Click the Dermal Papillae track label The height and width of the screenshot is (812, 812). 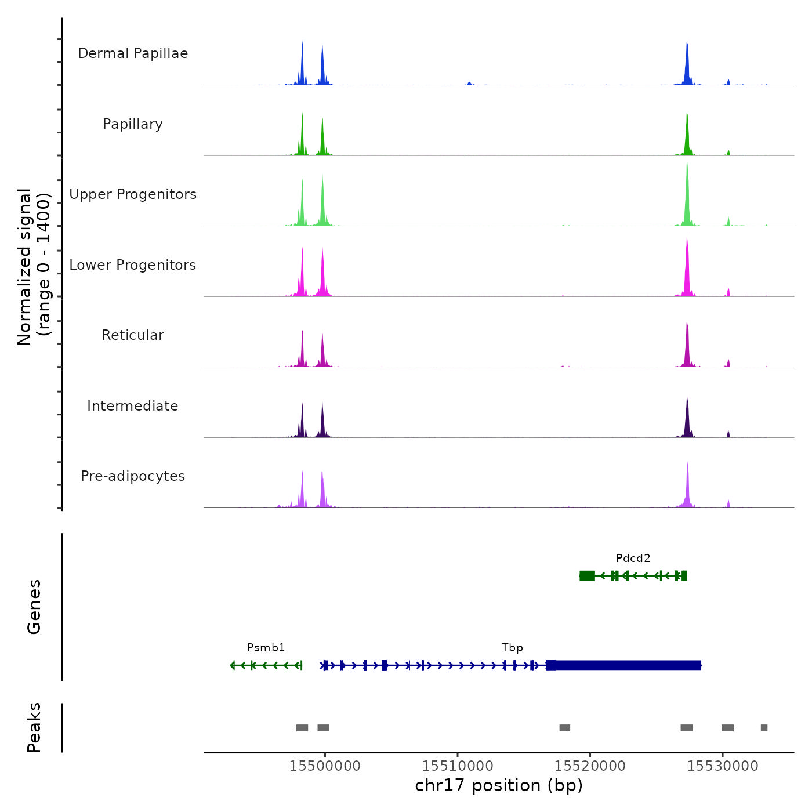(x=133, y=53)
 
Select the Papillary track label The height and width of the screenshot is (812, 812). (x=133, y=124)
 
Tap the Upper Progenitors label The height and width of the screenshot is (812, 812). (x=133, y=194)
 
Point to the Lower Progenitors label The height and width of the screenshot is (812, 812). (x=133, y=265)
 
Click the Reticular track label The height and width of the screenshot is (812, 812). (x=133, y=335)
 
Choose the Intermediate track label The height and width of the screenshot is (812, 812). (x=133, y=406)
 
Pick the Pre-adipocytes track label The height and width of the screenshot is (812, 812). (x=133, y=476)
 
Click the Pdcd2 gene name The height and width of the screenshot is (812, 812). (x=633, y=559)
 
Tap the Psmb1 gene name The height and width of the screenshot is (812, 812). (x=266, y=648)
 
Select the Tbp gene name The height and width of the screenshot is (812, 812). (x=512, y=648)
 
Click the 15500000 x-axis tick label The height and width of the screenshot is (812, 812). (x=325, y=766)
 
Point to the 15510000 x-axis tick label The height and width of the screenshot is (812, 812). (x=458, y=766)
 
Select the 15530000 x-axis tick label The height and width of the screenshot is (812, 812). (x=723, y=766)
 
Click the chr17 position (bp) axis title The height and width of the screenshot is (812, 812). (x=499, y=785)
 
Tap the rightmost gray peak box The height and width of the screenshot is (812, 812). (x=764, y=728)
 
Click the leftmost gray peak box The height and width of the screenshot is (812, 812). (x=302, y=728)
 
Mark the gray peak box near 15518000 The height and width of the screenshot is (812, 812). (x=564, y=728)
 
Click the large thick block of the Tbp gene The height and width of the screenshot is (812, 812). (x=626, y=665)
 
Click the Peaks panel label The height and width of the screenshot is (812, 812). (x=34, y=727)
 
